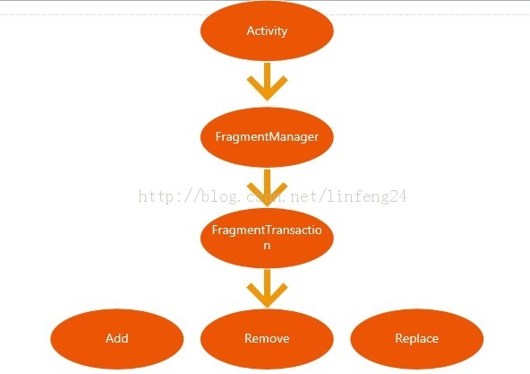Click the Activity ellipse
267,30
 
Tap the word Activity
267,30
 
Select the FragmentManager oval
267,137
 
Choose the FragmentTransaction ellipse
267,238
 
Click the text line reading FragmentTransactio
267,230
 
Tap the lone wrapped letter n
267,246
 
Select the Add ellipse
117,339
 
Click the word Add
117,338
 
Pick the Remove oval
267,339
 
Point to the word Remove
267,338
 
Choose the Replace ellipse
417,339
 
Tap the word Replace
417,339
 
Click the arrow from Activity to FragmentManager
268,82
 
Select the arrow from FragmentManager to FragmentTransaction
268,187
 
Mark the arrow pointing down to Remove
268,289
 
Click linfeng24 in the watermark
367,196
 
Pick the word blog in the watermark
218,196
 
